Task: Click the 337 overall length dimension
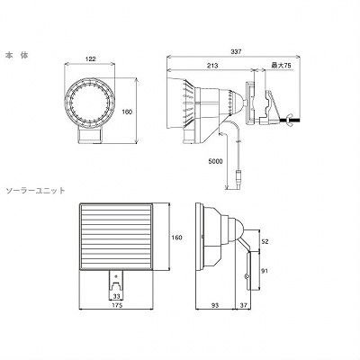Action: click(x=236, y=51)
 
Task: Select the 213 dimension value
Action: click(x=211, y=66)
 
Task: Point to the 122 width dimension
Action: click(x=90, y=59)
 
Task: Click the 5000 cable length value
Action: click(x=215, y=161)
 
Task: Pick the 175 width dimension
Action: click(x=117, y=305)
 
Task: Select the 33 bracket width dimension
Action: click(x=116, y=296)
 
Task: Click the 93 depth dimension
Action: click(x=215, y=305)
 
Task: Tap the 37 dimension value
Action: click(x=243, y=305)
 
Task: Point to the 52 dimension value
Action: click(x=265, y=241)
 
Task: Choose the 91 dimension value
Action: click(x=265, y=271)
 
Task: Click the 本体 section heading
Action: click(x=16, y=56)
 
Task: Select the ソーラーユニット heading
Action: click(x=36, y=191)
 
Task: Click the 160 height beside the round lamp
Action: click(x=127, y=112)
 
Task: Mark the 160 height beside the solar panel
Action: click(x=176, y=238)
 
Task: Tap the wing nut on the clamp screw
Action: click(x=290, y=120)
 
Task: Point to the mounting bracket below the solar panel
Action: click(x=116, y=284)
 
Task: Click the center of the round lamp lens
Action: click(x=90, y=103)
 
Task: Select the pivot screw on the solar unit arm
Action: click(x=247, y=276)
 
